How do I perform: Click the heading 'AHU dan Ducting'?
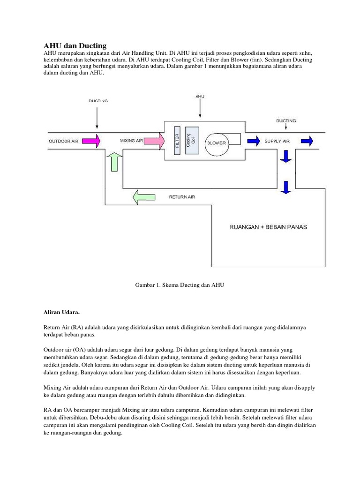click(x=75, y=45)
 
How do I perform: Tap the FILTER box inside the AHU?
click(x=177, y=139)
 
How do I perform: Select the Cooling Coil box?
click(x=192, y=139)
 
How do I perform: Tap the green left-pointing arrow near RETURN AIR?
click(x=143, y=197)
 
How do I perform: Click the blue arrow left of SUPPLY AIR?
click(x=254, y=140)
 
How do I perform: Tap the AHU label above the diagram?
click(x=200, y=97)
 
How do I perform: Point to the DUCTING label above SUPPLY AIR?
click(x=285, y=120)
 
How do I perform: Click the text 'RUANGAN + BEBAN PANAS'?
click(x=268, y=227)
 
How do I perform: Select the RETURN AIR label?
click(x=182, y=197)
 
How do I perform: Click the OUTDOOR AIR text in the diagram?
click(x=64, y=141)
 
